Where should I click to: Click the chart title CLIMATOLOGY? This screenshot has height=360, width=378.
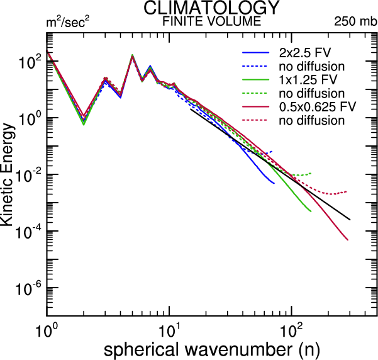(x=211, y=8)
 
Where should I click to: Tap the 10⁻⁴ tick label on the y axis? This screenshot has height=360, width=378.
(x=27, y=232)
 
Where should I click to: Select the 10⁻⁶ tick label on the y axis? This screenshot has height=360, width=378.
(x=27, y=288)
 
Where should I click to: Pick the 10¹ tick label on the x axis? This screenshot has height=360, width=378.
(x=169, y=329)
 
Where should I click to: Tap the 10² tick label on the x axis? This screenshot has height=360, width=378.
(x=291, y=329)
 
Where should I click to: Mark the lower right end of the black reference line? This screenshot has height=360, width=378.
(x=350, y=220)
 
